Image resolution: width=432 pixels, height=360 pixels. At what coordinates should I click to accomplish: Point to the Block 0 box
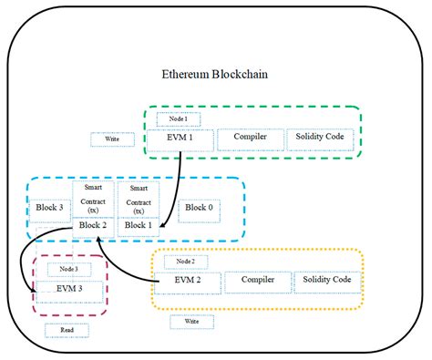(x=198, y=207)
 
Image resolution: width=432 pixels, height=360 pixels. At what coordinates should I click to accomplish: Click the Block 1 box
(x=139, y=223)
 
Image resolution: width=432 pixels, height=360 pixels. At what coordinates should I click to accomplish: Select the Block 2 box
(x=94, y=223)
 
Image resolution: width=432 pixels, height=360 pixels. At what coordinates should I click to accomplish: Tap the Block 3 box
(x=51, y=208)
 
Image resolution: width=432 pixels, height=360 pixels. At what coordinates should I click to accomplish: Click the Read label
(x=68, y=330)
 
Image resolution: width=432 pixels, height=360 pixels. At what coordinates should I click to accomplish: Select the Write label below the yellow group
(x=191, y=322)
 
